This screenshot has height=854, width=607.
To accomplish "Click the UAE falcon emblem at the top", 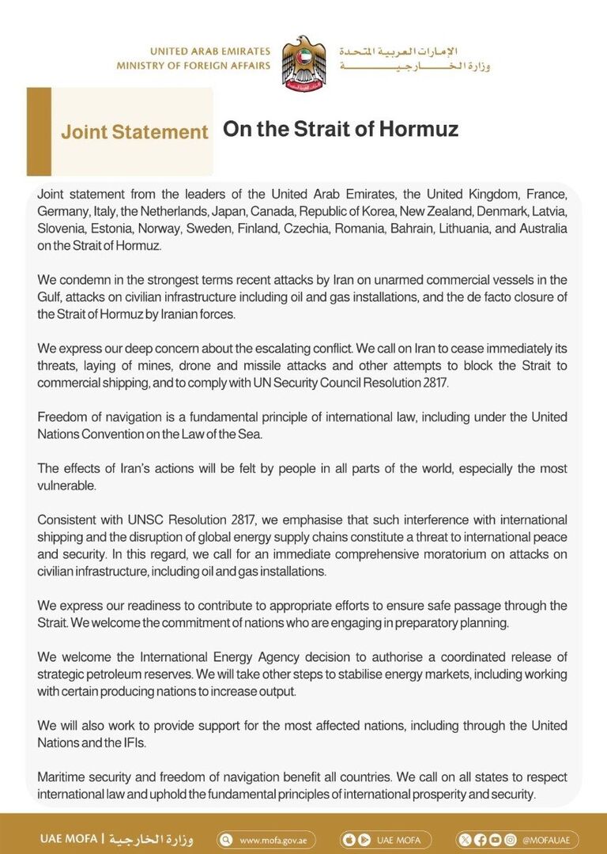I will [303, 62].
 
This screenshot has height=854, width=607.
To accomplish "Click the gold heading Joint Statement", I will [134, 132].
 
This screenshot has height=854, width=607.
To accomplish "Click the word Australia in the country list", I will [540, 229].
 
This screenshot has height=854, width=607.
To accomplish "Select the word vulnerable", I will [67, 486].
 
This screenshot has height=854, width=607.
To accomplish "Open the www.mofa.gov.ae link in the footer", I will [277, 840].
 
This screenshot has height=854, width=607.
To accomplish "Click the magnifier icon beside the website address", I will [227, 840].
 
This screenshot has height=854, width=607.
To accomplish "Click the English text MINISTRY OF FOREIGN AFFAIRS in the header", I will [193, 66].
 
